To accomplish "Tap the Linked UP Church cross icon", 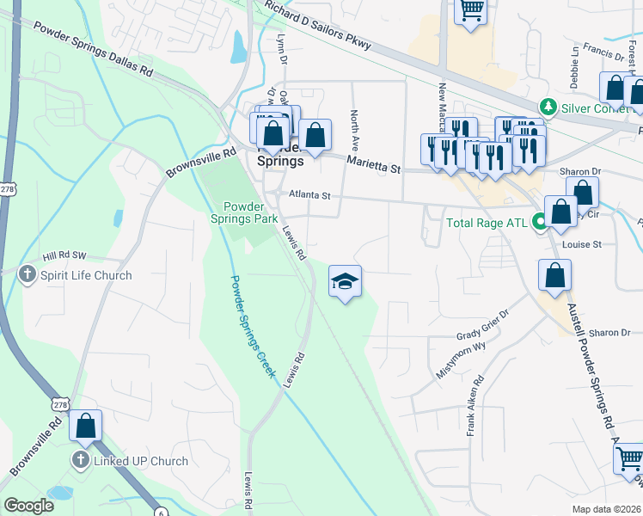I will point(81,461).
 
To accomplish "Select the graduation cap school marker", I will point(345,282).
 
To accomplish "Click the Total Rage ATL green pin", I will point(540,223).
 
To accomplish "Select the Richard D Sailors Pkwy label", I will point(318,26).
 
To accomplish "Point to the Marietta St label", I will point(374,164).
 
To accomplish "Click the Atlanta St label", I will point(309,195).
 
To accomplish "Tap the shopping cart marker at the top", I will point(471,10).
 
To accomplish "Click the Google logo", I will point(28,506).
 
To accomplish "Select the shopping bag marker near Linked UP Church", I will point(86,426).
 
